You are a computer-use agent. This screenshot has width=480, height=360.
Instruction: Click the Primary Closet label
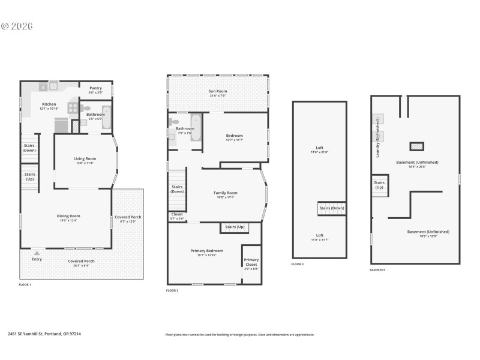[251, 262]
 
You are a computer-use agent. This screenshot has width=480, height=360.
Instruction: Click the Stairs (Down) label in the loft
[331, 208]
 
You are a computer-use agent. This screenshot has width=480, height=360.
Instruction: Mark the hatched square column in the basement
[416, 146]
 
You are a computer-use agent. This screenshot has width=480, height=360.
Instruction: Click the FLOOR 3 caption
[298, 264]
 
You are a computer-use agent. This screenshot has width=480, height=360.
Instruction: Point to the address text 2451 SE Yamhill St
[44, 334]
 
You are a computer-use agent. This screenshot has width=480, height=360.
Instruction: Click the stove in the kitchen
[73, 108]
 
